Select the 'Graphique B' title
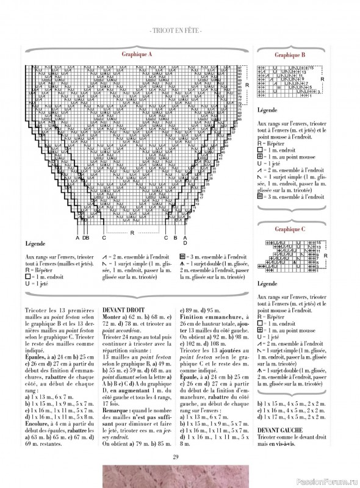(x=290, y=54)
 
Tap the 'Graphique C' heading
(x=290, y=229)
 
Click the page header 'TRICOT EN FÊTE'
(x=180, y=29)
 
